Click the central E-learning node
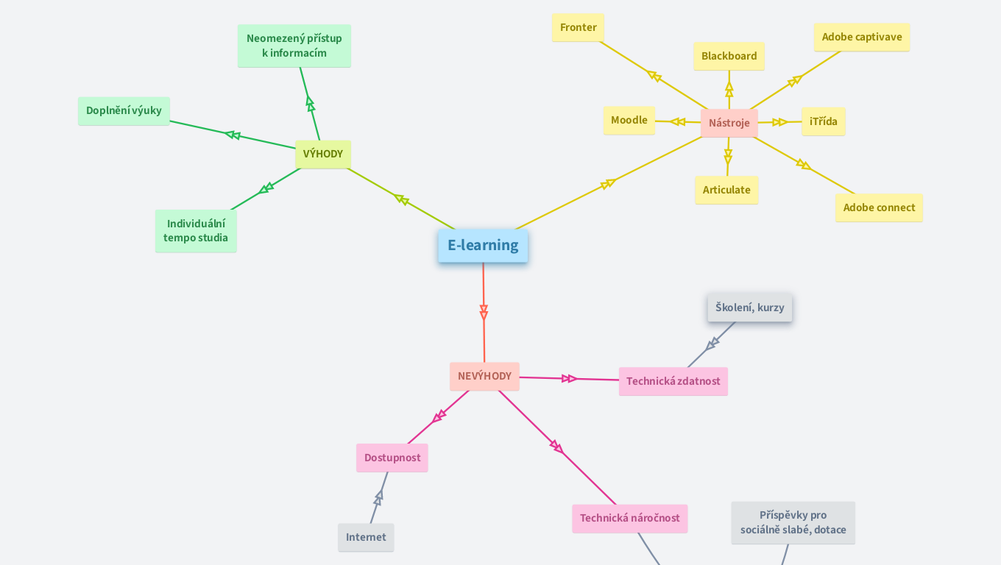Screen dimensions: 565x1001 coord(483,246)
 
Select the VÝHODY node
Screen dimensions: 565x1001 coord(323,154)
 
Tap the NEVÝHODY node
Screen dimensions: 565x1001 coord(484,376)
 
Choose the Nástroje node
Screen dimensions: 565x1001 coord(729,123)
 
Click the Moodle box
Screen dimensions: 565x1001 coord(629,121)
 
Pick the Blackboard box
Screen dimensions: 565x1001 coord(729,56)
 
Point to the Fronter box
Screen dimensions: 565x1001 coord(578,28)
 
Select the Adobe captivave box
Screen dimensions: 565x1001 coord(861,37)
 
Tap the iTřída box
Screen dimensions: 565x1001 coord(823,121)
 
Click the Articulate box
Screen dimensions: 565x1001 coord(726,190)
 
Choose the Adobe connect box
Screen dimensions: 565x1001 coord(879,207)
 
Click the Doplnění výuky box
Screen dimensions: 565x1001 coord(124,111)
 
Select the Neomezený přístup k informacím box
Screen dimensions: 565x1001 coord(294,46)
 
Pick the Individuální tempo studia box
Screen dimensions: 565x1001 coord(196,231)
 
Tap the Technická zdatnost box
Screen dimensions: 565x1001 coord(673,381)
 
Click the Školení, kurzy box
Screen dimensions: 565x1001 coord(749,308)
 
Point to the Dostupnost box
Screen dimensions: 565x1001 coord(392,458)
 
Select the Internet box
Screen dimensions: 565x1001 coord(366,537)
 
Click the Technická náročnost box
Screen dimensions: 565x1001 coord(629,518)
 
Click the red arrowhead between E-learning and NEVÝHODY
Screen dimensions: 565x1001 coord(484,313)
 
